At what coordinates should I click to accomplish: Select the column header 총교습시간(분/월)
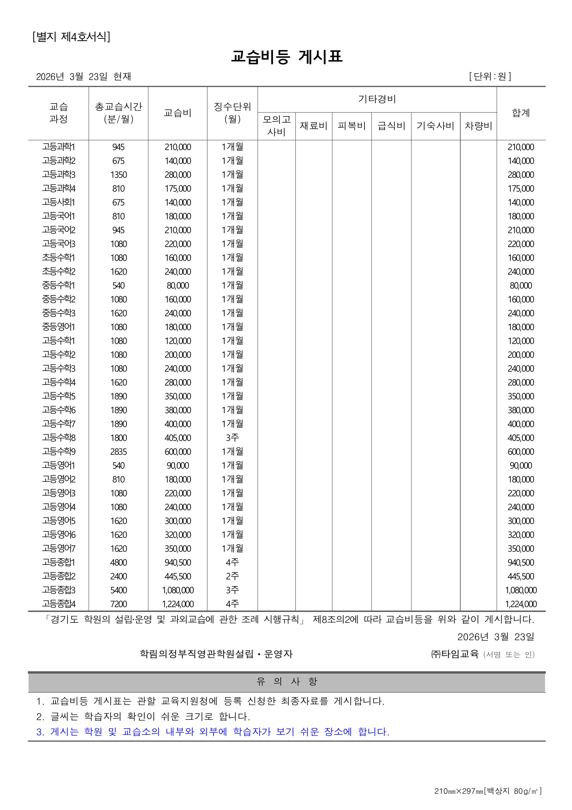119,113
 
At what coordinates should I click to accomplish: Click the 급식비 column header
391,126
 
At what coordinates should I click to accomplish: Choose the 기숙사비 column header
435,126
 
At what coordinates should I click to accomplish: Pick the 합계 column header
521,113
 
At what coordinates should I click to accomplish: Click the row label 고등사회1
59,202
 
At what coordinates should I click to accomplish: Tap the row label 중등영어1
59,327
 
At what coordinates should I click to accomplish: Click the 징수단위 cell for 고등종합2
232,576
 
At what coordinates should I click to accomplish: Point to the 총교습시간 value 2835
119,452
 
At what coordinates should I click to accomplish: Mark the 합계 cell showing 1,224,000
521,604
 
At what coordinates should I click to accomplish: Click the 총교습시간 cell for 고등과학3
119,175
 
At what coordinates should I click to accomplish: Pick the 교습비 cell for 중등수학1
178,285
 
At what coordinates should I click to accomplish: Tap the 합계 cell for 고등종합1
521,562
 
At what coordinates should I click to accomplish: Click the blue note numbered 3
213,732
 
